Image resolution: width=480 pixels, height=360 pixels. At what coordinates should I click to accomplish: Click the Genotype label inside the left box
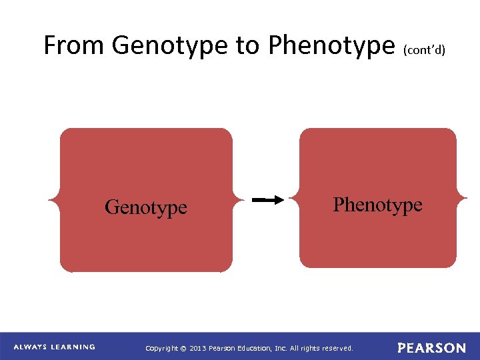point(146,207)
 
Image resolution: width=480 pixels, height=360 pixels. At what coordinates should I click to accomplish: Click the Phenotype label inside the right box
point(377,205)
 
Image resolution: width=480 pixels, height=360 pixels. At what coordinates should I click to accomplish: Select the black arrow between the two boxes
point(269,199)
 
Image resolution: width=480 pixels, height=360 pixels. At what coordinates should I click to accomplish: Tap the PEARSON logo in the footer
point(431,348)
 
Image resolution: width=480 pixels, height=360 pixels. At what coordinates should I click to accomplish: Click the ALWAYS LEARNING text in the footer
point(55,347)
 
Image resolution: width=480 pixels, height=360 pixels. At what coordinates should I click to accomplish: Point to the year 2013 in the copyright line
point(198,348)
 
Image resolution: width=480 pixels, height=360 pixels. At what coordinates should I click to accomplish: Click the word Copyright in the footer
point(162,348)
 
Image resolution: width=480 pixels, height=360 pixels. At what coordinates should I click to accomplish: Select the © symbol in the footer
point(183,348)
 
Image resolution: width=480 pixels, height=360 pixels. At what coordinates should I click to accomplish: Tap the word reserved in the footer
point(337,348)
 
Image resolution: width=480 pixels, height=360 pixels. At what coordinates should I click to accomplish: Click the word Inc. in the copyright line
point(280,348)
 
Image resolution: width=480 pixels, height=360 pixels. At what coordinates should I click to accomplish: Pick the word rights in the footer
point(309,348)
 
